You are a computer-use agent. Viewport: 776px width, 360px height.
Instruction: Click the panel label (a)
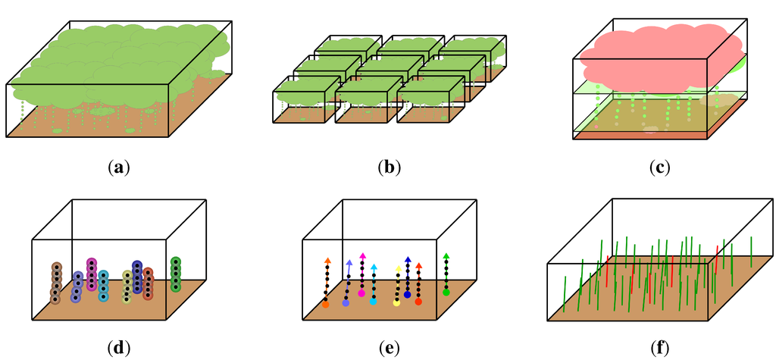(x=117, y=167)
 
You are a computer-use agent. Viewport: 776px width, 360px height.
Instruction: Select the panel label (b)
(x=389, y=167)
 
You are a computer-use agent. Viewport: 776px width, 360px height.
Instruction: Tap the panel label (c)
(x=660, y=167)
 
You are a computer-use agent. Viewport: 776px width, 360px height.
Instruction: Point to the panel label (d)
(x=117, y=348)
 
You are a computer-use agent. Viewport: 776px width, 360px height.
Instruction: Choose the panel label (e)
(x=389, y=348)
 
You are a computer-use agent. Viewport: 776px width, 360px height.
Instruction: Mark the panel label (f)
(x=660, y=348)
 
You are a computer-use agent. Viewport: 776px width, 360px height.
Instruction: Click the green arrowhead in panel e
(x=446, y=256)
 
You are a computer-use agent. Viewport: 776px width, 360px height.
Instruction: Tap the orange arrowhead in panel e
(x=327, y=261)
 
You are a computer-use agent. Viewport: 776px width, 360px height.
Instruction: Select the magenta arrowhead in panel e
(x=362, y=256)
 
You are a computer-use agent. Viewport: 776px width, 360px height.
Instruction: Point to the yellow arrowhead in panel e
(x=399, y=268)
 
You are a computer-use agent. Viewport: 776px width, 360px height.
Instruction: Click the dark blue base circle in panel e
(x=408, y=294)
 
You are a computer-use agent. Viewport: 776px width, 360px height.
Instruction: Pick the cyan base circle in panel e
(x=373, y=301)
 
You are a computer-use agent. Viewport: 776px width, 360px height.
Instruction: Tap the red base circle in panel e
(x=418, y=302)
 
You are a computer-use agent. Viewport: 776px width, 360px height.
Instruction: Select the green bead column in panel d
(x=176, y=274)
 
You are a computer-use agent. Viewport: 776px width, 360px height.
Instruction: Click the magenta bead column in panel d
(x=92, y=274)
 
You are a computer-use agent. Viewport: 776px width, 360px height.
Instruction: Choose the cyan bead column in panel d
(x=103, y=286)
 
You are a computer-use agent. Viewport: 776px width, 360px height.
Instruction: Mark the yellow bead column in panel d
(x=127, y=286)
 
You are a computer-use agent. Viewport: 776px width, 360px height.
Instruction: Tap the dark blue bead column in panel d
(x=137, y=277)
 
